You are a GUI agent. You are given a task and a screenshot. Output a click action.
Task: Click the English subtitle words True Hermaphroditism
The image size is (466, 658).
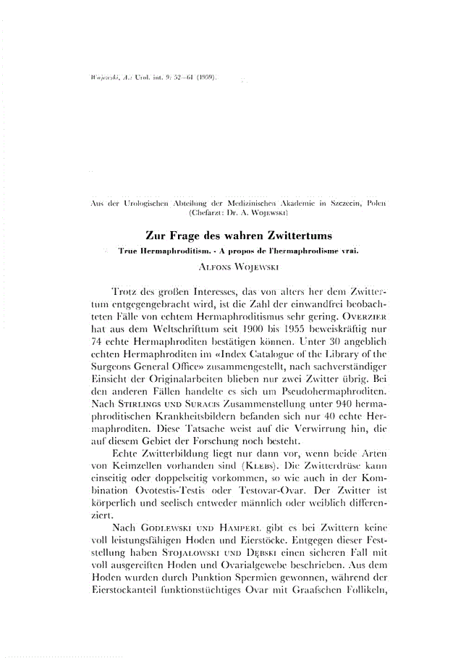[x=151, y=251]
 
